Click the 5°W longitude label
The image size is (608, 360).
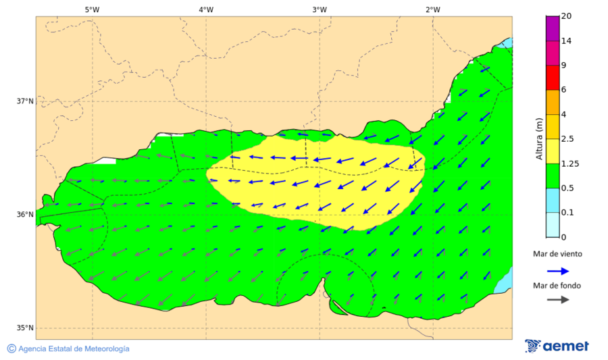pos(93,9)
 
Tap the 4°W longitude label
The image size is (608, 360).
pos(206,9)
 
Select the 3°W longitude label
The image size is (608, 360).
pos(320,9)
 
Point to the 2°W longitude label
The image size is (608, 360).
pos(433,9)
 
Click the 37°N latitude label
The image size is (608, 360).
pos(25,101)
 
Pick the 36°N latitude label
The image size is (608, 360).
pos(25,215)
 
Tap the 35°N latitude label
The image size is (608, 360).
pos(25,328)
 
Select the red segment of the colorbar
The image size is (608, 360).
pos(553,77)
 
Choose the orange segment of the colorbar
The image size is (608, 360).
pos(553,102)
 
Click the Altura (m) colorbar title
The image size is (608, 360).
pos(539,138)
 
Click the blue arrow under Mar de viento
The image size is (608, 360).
pos(557,271)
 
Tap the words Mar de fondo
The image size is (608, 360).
pos(557,286)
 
